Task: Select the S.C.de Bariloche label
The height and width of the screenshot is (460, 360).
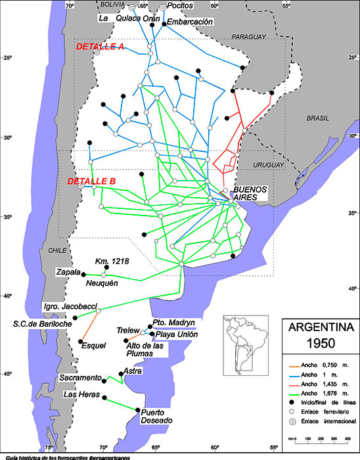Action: [42, 324]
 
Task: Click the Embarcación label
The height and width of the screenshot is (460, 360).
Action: [191, 22]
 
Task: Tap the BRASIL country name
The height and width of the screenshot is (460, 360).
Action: [320, 118]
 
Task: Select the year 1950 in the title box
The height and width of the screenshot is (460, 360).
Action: [318, 343]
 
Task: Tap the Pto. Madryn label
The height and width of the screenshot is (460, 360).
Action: [173, 323]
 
